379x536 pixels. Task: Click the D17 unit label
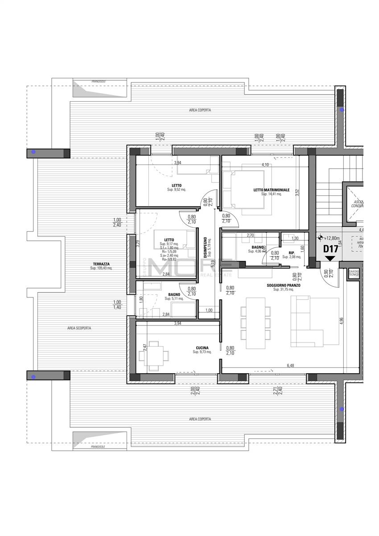(330, 249)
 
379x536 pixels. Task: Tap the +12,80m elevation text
(332, 239)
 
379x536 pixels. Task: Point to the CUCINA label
(202, 348)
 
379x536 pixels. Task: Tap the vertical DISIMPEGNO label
(206, 247)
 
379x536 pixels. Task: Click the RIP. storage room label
(292, 252)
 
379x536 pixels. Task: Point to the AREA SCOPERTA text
(79, 328)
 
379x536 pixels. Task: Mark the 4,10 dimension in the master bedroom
(265, 165)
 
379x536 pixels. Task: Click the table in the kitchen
(154, 355)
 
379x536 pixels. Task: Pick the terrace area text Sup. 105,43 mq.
(101, 268)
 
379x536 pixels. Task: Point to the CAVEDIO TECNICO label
(354, 273)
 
